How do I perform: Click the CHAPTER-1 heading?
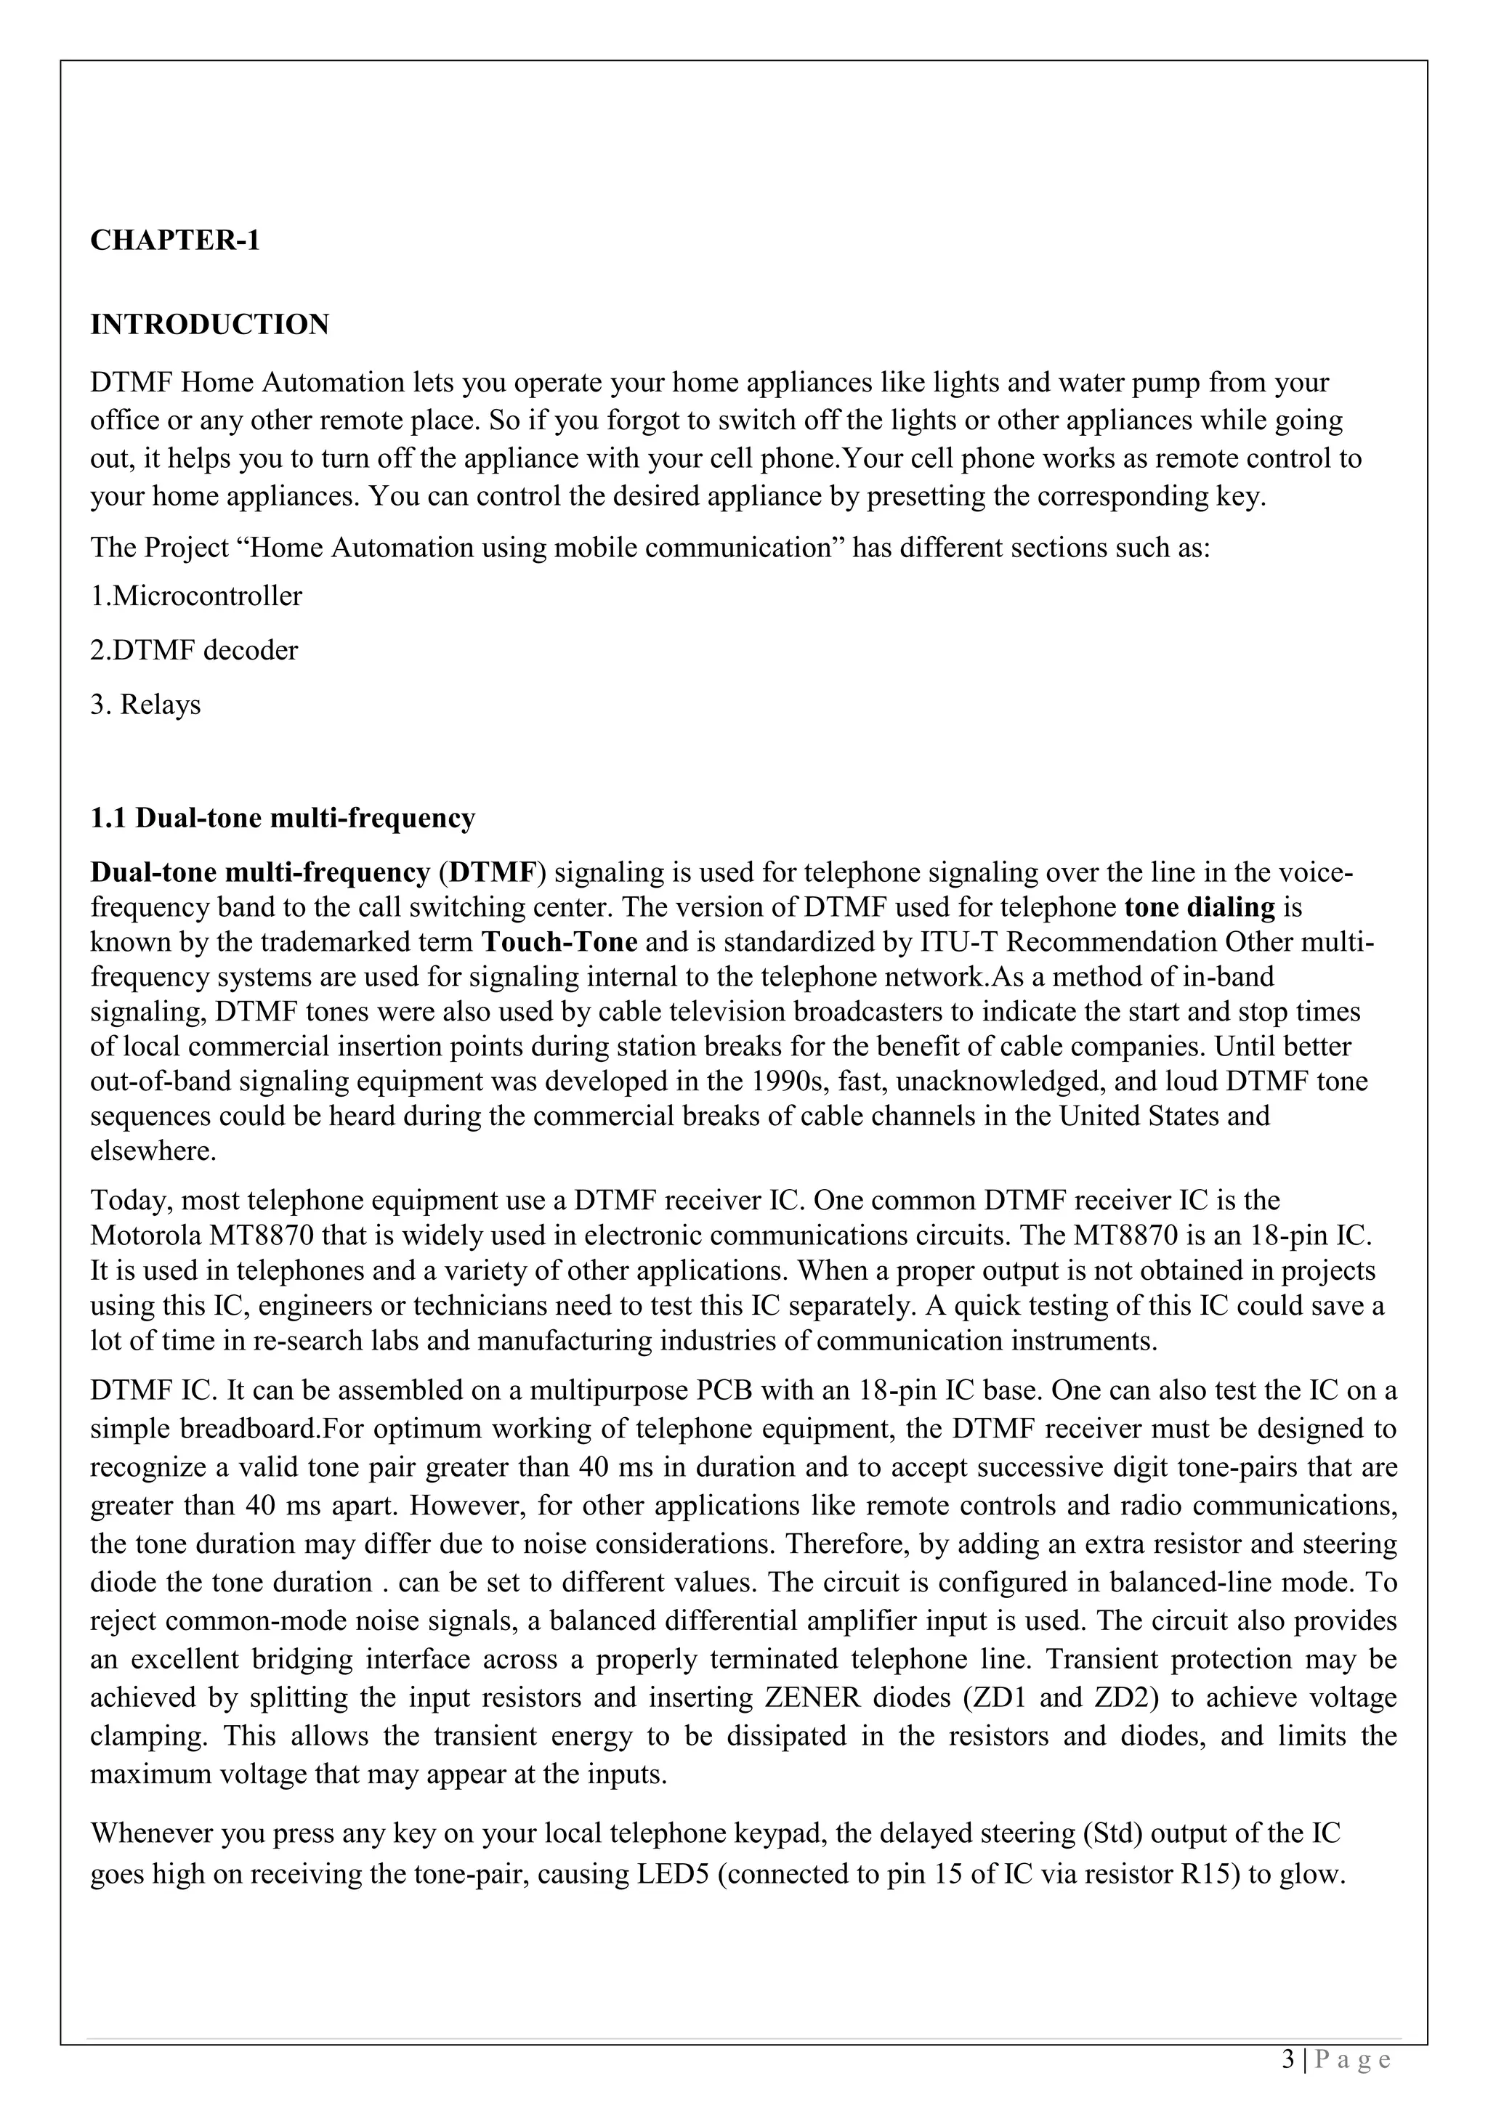[x=175, y=241]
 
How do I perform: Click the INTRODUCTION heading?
[x=209, y=325]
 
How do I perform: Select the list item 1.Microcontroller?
[x=196, y=597]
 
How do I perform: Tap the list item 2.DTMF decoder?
[x=195, y=651]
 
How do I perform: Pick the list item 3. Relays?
[x=146, y=705]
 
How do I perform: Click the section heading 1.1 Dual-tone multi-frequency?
[x=283, y=818]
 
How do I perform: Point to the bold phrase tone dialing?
[x=1200, y=908]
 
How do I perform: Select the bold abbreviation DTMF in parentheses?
[x=490, y=873]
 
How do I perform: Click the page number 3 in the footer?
[x=1288, y=2060]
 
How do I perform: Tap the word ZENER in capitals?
[x=812, y=1698]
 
